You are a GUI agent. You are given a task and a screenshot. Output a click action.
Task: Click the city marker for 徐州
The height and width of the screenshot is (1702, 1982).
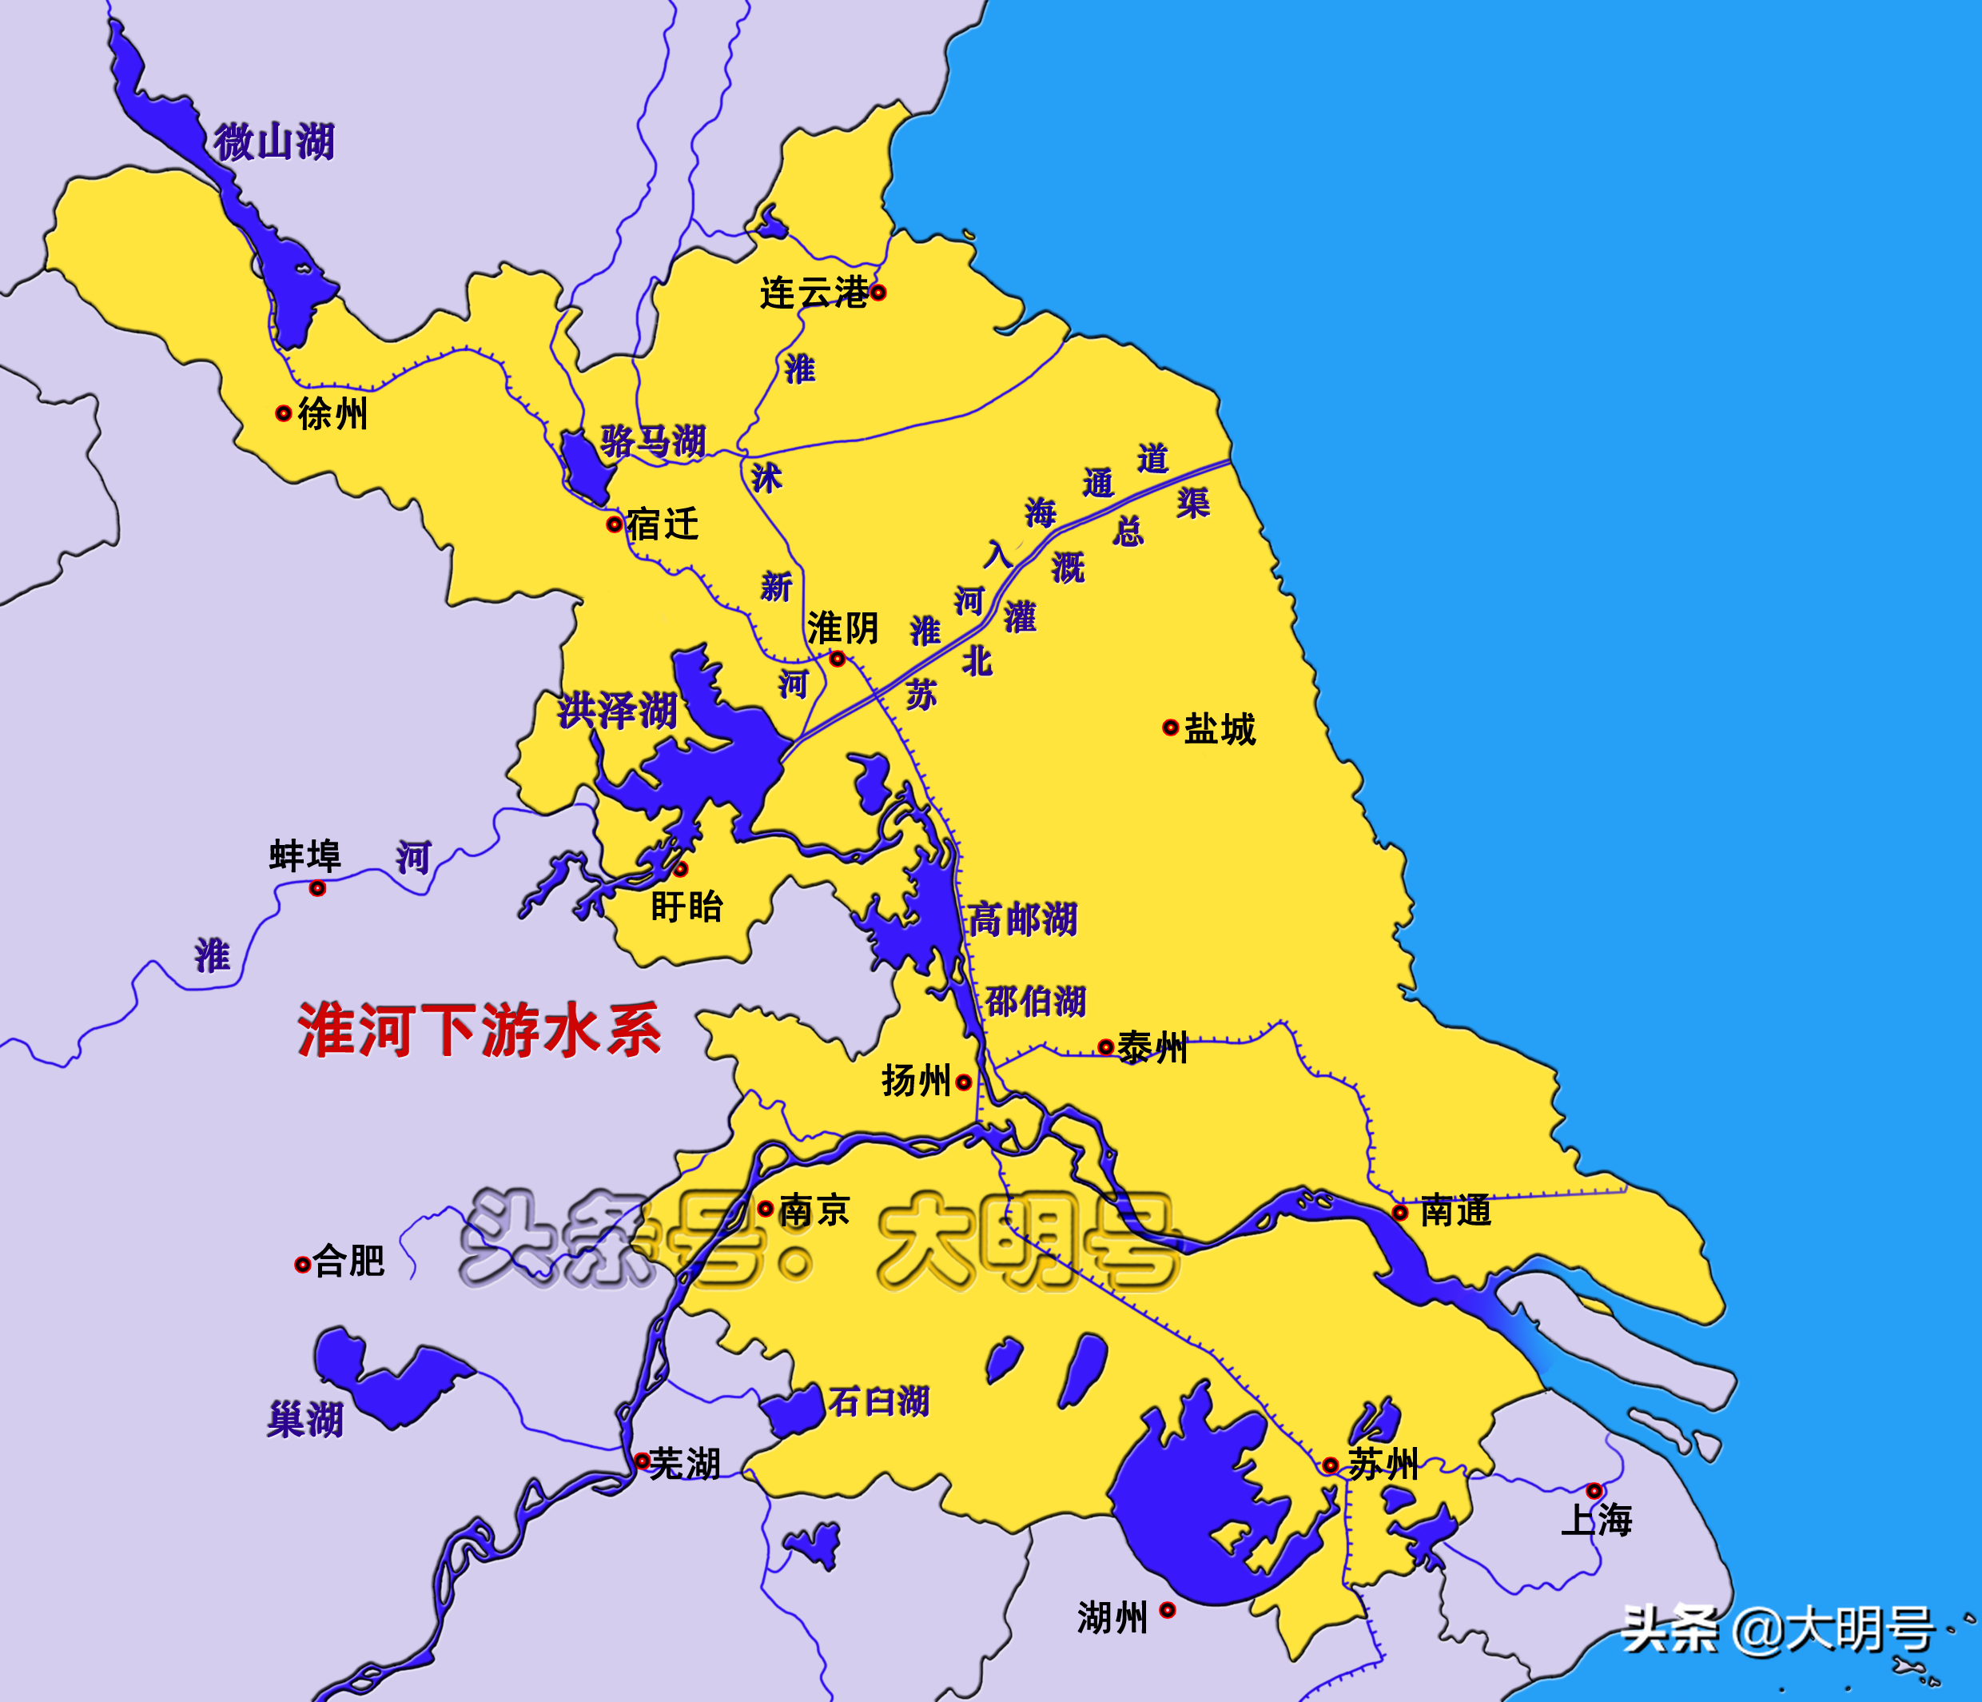pyautogui.click(x=283, y=413)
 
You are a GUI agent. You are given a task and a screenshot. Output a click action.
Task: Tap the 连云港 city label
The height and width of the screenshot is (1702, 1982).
pyautogui.click(x=813, y=293)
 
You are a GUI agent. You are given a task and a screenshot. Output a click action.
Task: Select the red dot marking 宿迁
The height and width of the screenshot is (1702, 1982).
pyautogui.click(x=614, y=524)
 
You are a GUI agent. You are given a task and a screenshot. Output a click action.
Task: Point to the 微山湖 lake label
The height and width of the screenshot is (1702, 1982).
pyautogui.click(x=273, y=142)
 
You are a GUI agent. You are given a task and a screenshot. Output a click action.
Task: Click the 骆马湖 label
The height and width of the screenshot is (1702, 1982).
pyautogui.click(x=653, y=442)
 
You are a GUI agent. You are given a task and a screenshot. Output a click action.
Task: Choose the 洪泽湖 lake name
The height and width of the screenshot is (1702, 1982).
pyautogui.click(x=618, y=711)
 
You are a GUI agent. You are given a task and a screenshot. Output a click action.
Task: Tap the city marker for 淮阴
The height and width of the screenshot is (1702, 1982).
pyautogui.click(x=837, y=658)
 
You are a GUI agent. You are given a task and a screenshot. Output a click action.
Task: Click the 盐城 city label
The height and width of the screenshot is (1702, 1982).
pyautogui.click(x=1220, y=729)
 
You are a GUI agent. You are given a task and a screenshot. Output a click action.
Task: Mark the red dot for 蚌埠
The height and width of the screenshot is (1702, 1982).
pyautogui.click(x=317, y=889)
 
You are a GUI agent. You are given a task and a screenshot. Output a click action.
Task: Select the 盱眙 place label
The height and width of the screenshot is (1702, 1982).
pyautogui.click(x=687, y=905)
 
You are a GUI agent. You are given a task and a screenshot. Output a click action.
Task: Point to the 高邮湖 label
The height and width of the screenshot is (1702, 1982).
pyautogui.click(x=1022, y=919)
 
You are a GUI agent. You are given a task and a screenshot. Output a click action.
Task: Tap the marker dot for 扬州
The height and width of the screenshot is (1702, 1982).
pyautogui.click(x=964, y=1082)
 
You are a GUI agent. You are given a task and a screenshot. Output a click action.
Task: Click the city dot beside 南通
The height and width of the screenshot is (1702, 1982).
pyautogui.click(x=1399, y=1213)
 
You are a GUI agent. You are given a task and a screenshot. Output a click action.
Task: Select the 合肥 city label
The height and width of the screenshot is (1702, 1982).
pyautogui.click(x=349, y=1261)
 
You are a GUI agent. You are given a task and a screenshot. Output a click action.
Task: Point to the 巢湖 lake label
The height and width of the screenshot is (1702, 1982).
pyautogui.click(x=305, y=1419)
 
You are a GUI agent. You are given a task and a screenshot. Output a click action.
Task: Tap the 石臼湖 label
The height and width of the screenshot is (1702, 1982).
pyautogui.click(x=878, y=1402)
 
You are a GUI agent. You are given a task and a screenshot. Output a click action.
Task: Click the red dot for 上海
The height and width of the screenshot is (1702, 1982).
pyautogui.click(x=1594, y=1491)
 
